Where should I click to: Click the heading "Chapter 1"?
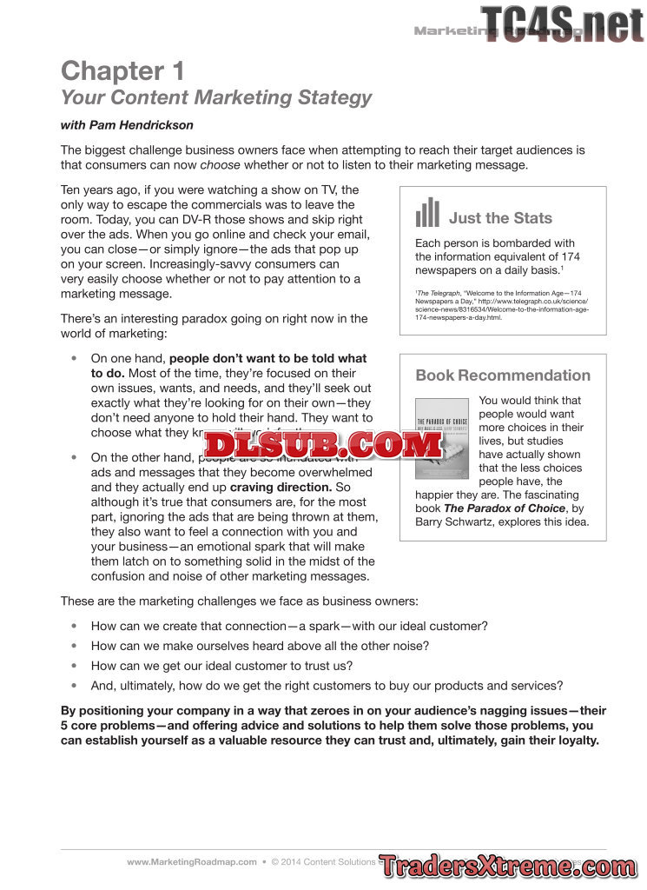tap(122, 70)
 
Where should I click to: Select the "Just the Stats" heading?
tap(500, 218)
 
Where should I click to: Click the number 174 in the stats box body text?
tap(570, 256)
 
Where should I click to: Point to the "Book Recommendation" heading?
tap(503, 375)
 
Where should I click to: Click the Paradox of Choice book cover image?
tap(441, 438)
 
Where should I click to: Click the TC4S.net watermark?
tap(562, 23)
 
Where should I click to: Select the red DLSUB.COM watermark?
tap(324, 445)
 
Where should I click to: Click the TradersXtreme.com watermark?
tap(508, 866)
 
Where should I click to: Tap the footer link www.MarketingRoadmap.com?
tap(192, 862)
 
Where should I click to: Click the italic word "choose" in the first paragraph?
tap(220, 165)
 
